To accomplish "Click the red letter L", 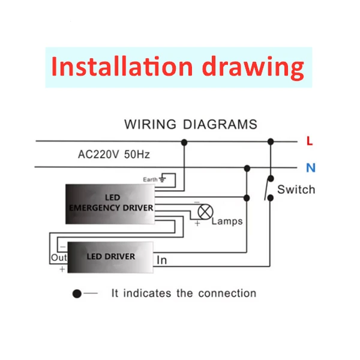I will tap(309, 142).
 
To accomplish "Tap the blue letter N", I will tap(310, 167).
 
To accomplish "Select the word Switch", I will tap(296, 190).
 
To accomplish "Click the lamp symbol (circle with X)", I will tap(205, 212).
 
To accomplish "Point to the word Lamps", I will tap(227, 221).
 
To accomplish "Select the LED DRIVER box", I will tap(111, 256).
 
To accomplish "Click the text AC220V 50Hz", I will tap(114, 154).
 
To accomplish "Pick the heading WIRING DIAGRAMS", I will tap(190, 125).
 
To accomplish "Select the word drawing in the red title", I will tap(253, 67).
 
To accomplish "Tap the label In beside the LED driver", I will tap(162, 260).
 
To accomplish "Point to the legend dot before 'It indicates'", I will tap(77, 294).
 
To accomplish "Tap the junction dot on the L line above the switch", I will tap(271, 142).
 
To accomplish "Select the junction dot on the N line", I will tap(245, 167).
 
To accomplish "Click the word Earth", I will tap(150, 179).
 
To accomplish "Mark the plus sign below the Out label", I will tap(62, 270).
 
